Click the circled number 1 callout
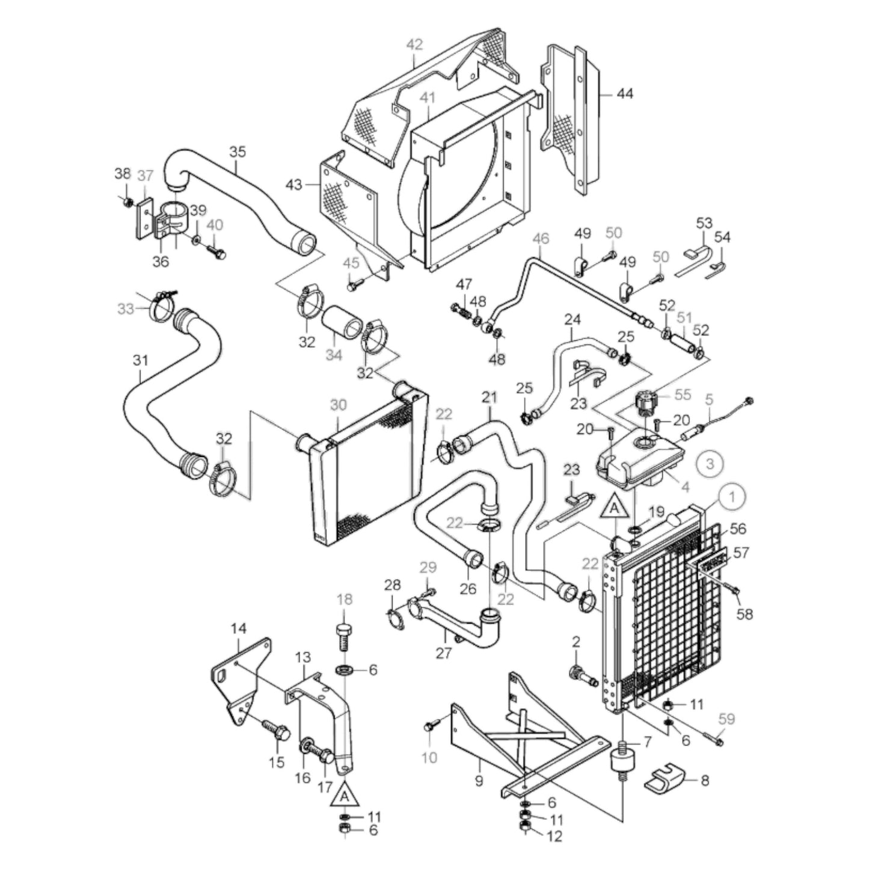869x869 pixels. click(732, 496)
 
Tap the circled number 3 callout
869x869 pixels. click(710, 463)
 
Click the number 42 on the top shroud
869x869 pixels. click(414, 45)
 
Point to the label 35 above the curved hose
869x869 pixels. click(238, 152)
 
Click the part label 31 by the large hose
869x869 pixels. click(140, 360)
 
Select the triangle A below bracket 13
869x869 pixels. click(344, 795)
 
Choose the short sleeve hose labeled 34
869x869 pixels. click(341, 325)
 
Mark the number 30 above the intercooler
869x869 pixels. click(338, 405)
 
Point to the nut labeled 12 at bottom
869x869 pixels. click(524, 831)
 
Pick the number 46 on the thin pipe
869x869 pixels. click(541, 239)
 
